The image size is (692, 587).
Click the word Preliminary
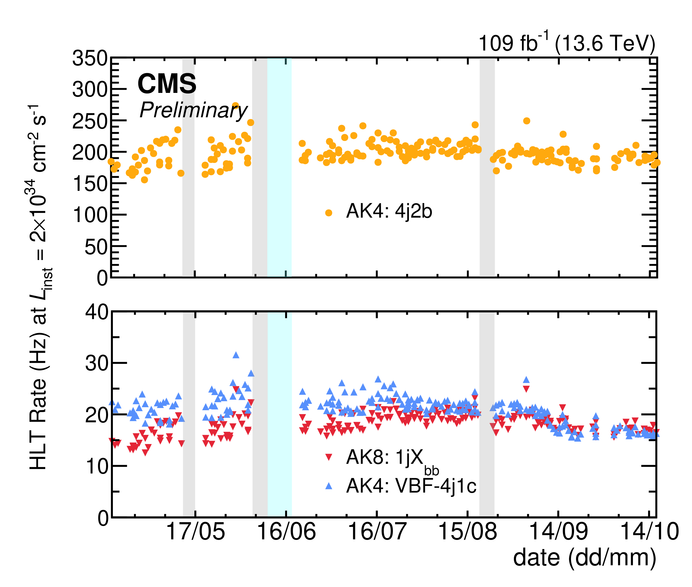tap(193, 110)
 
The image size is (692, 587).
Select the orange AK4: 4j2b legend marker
tap(329, 213)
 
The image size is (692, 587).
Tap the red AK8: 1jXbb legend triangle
tap(329, 457)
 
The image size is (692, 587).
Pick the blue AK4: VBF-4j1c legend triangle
tap(329, 486)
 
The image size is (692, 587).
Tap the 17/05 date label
tap(195, 531)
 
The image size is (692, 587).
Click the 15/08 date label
tap(468, 531)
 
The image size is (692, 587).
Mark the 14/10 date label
tap(649, 531)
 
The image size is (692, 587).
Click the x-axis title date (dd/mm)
tap(585, 559)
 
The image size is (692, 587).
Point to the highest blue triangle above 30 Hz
tap(236, 355)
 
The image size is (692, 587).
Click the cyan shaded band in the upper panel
tap(280, 167)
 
